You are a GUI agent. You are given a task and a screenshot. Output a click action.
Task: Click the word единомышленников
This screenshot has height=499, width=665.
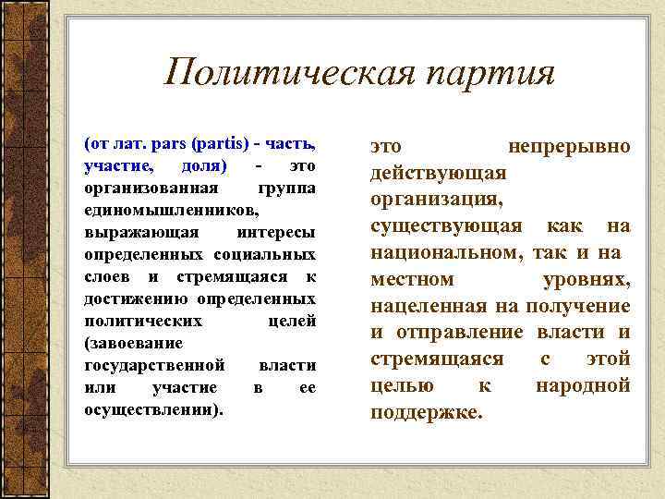(x=164, y=210)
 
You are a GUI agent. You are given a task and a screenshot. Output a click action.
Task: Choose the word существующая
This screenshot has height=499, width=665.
(x=447, y=225)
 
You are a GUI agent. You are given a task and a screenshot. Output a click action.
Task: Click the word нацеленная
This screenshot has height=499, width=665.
(x=429, y=306)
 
